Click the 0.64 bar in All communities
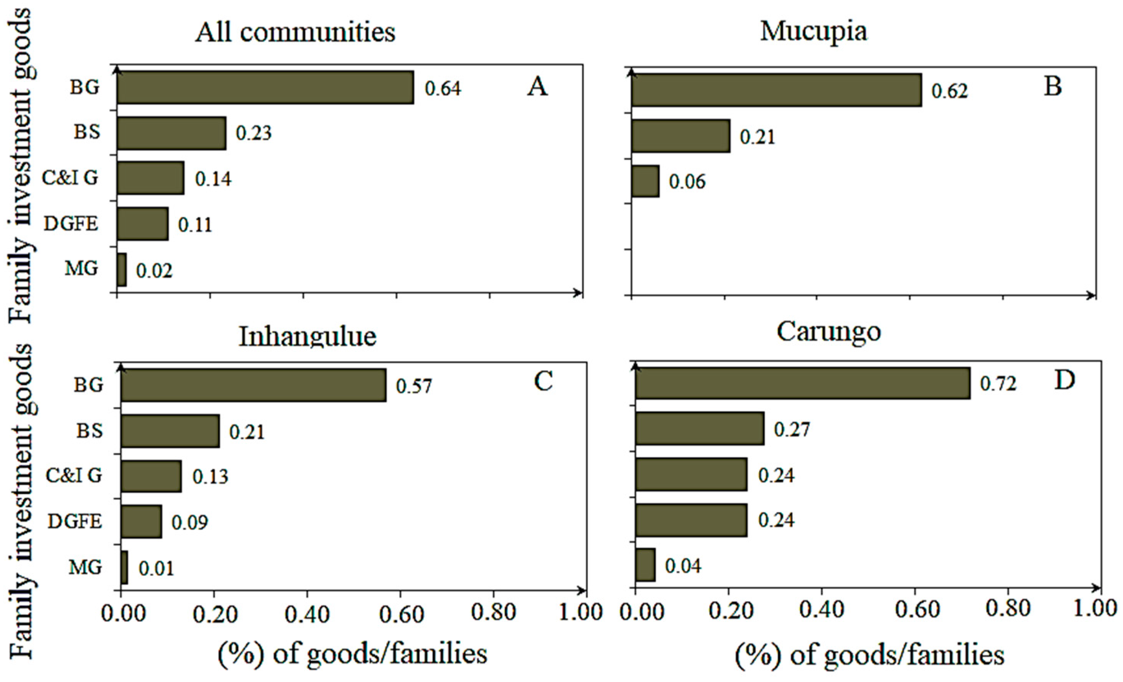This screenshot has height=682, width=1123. pyautogui.click(x=265, y=87)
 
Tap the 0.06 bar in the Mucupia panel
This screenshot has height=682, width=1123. pyautogui.click(x=645, y=181)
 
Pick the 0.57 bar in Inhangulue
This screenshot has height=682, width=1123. pyautogui.click(x=254, y=385)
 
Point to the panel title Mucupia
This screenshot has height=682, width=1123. pyautogui.click(x=813, y=32)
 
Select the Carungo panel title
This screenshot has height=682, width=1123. pyautogui.click(x=828, y=332)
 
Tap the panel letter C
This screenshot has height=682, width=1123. pyautogui.click(x=543, y=381)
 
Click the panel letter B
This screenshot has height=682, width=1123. pyautogui.click(x=1053, y=85)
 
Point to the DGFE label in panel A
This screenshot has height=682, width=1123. pyautogui.click(x=71, y=224)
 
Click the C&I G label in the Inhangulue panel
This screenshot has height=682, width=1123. pyautogui.click(x=74, y=476)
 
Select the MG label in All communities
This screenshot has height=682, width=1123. pyautogui.click(x=82, y=269)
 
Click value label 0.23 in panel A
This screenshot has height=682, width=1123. pyautogui.click(x=254, y=133)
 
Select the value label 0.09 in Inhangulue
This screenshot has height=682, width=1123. pyautogui.click(x=189, y=522)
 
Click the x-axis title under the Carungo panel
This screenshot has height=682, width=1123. pyautogui.click(x=869, y=655)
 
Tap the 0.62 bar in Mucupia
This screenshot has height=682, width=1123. pyautogui.click(x=776, y=90)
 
